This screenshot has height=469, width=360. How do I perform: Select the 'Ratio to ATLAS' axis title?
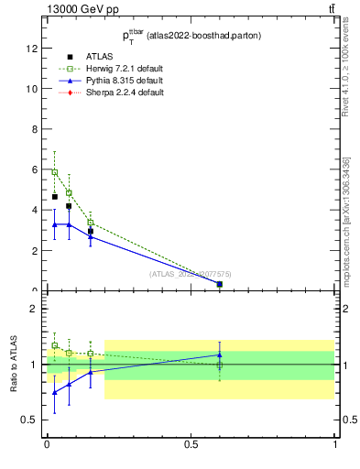tap(13, 364)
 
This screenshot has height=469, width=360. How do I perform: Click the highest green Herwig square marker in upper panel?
tap(55, 172)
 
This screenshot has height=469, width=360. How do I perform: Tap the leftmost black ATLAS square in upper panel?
tap(55, 197)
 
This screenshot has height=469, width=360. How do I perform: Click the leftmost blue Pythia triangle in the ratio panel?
tap(55, 392)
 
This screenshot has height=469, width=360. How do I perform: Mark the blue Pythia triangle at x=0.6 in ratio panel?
tap(220, 354)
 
